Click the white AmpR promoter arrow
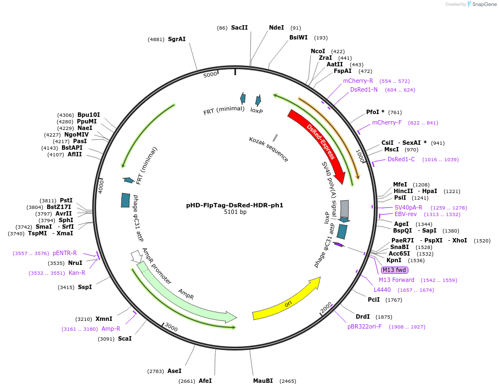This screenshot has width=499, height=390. coord(136,256)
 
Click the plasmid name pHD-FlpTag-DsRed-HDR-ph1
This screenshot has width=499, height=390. coord(235,205)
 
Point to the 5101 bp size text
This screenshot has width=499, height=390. coord(235,212)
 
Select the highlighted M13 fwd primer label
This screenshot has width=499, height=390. coord(395,270)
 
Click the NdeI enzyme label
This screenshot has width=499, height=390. coord(276,27)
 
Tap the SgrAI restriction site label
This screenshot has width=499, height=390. coord(177,39)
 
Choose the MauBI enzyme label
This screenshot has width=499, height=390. coord(263,381)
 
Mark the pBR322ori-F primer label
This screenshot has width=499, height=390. coord(365,326)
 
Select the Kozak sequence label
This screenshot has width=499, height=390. coord(268,149)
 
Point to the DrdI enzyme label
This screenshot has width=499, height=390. coord(362,316)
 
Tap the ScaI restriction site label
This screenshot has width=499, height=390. coord(125,338)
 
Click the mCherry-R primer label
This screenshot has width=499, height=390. coord(358,81)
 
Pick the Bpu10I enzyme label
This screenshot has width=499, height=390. coord(88,115)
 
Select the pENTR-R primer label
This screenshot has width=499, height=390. coord(65,253)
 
